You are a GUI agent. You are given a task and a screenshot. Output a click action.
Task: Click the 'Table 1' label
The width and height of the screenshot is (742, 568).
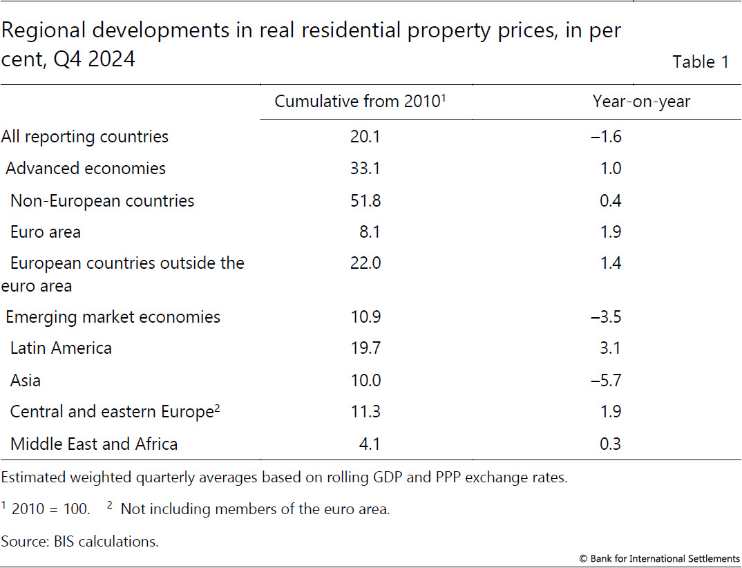click(x=700, y=61)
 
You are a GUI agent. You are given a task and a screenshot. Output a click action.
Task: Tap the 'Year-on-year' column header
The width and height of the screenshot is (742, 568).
click(x=641, y=102)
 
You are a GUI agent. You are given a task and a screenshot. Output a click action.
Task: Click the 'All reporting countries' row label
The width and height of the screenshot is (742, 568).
click(x=85, y=136)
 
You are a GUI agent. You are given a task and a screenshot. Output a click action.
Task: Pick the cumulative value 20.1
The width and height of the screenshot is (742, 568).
click(x=365, y=136)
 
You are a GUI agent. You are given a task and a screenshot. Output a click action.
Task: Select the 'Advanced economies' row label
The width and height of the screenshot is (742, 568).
click(x=86, y=168)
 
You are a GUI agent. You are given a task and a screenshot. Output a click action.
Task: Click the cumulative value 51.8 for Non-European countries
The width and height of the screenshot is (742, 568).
click(x=365, y=200)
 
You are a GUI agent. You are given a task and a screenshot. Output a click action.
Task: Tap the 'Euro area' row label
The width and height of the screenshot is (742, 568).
click(x=46, y=231)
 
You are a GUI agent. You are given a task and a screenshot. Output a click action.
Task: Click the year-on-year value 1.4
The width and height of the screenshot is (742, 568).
click(x=611, y=263)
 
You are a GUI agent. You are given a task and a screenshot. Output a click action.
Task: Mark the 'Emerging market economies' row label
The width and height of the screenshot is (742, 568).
click(x=113, y=317)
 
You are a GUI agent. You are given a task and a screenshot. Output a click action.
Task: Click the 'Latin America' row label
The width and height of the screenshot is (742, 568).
click(x=61, y=348)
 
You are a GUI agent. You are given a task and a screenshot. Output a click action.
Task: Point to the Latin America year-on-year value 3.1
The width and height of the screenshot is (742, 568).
click(x=611, y=348)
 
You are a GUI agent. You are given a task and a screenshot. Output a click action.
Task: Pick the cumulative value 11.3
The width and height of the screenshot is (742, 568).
click(x=365, y=412)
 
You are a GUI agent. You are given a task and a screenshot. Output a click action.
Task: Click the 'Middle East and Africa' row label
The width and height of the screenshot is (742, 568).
click(x=94, y=444)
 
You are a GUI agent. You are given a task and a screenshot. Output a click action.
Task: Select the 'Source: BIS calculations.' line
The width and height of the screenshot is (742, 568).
click(x=80, y=541)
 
